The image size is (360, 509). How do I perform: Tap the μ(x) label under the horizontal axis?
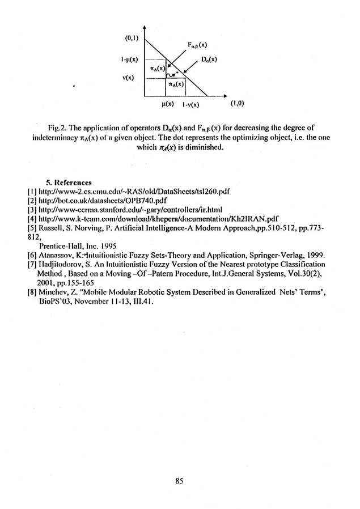[167, 105]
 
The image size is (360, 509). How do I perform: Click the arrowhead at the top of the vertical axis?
[145, 27]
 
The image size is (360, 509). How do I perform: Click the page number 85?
[179, 482]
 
